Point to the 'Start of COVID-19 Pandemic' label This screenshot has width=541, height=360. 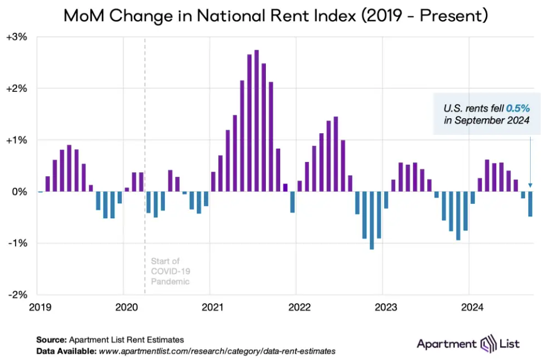170,272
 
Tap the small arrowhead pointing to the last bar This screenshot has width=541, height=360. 530,185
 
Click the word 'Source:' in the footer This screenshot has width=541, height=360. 52,340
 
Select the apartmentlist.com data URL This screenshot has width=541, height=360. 217,350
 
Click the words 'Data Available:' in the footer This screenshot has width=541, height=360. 66,350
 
